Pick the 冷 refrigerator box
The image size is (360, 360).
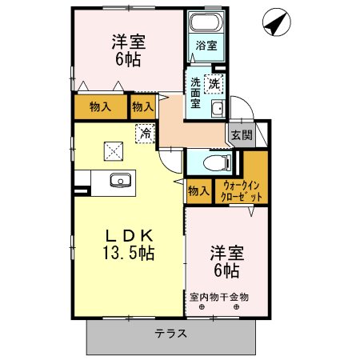145,134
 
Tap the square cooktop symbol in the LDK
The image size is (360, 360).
114,149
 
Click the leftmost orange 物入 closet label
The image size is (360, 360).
99,106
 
